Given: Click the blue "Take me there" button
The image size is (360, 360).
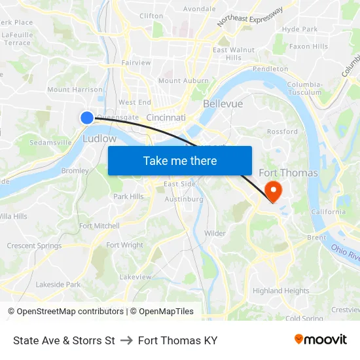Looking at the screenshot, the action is pyautogui.click(x=180, y=160).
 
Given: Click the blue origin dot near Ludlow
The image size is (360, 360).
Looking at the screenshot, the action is pyautogui.click(x=87, y=117).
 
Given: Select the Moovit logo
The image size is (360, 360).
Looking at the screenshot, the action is pyautogui.click(x=320, y=340).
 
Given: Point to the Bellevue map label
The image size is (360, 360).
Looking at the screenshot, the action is pyautogui.click(x=223, y=104).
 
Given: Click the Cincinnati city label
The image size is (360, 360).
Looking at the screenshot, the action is pyautogui.click(x=166, y=118).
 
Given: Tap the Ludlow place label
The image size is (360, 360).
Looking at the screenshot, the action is pyautogui.click(x=99, y=139).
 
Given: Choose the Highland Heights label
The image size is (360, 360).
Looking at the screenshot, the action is pyautogui.click(x=281, y=291).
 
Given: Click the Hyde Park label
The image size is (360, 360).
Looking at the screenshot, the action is pyautogui.click(x=300, y=29).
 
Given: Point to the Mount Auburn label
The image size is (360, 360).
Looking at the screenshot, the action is pyautogui.click(x=179, y=81).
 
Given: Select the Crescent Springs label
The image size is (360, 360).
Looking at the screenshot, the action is pyautogui.click(x=34, y=246).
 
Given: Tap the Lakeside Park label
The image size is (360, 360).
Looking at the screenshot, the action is pyautogui.click(x=58, y=285).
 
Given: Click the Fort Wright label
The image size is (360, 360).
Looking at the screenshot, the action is pyautogui.click(x=124, y=245).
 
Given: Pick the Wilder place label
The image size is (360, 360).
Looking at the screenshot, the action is pyautogui.click(x=215, y=233).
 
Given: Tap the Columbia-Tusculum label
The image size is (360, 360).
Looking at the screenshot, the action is pyautogui.click(x=304, y=88).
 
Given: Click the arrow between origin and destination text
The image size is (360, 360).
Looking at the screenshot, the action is pyautogui.click(x=126, y=340).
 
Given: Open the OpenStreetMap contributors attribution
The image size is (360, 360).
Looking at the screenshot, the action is pyautogui.click(x=69, y=312).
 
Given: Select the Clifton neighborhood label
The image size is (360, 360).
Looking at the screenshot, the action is pyautogui.click(x=151, y=16).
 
